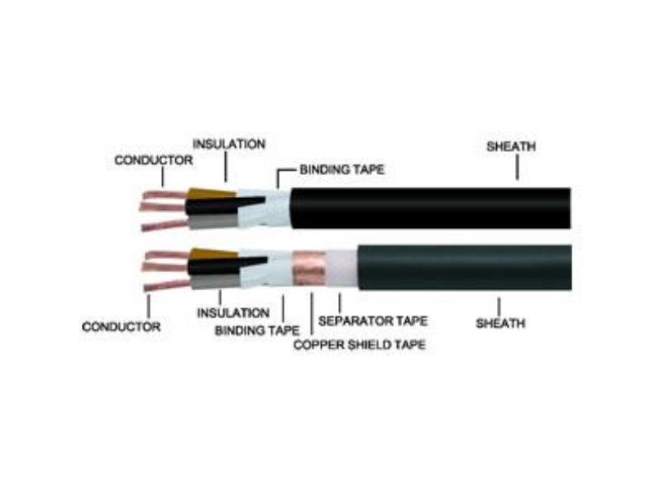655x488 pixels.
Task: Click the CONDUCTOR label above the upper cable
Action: (x=154, y=160)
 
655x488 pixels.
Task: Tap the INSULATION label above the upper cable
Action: (x=229, y=144)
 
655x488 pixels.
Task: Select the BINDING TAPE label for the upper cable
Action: (x=341, y=169)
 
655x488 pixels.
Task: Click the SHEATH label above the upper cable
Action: (x=511, y=146)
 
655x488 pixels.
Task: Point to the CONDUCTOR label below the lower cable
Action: (x=121, y=327)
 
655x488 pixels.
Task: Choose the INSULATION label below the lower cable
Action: (x=233, y=313)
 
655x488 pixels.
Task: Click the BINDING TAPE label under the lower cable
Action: (x=257, y=331)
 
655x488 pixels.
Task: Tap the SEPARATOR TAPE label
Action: (x=373, y=320)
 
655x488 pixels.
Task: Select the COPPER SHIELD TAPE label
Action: (x=359, y=344)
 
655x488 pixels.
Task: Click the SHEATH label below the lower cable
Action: (x=500, y=323)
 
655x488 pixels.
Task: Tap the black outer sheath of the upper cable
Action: (x=431, y=208)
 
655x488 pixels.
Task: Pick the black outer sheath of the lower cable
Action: (x=465, y=267)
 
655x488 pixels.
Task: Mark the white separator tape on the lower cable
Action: (x=341, y=269)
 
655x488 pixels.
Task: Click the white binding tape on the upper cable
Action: (x=265, y=208)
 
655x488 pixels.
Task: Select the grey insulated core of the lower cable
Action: (x=215, y=281)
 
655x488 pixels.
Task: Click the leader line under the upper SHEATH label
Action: (x=517, y=167)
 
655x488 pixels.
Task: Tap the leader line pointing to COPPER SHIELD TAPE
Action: (x=312, y=314)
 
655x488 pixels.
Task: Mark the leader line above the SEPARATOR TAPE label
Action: (x=340, y=302)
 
